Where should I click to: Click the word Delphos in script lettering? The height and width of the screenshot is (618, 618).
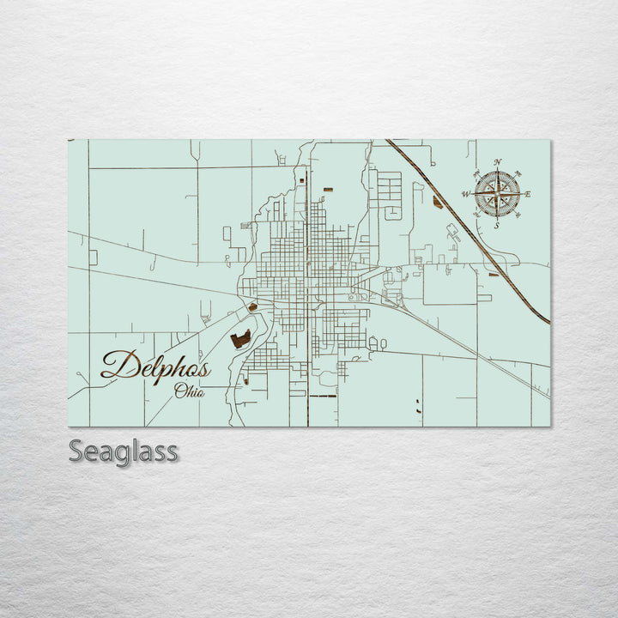[155, 367]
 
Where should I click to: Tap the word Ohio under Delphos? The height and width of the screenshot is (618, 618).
[189, 391]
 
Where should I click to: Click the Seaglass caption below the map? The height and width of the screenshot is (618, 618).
[124, 451]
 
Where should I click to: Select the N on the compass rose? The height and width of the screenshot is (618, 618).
[498, 161]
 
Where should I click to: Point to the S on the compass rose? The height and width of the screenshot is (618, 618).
[497, 225]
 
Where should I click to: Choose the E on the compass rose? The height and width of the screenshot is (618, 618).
[527, 194]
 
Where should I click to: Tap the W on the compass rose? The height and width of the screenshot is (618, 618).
[466, 195]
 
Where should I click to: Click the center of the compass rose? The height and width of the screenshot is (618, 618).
[497, 194]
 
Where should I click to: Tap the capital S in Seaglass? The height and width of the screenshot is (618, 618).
[76, 451]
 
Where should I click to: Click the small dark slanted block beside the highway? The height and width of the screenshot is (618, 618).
[438, 203]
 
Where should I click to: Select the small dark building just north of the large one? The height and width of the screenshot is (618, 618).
[252, 307]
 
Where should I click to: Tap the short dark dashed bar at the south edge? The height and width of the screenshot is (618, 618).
[323, 397]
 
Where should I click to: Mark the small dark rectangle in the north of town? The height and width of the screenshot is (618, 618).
[327, 186]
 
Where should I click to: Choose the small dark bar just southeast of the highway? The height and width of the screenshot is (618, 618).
[494, 275]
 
